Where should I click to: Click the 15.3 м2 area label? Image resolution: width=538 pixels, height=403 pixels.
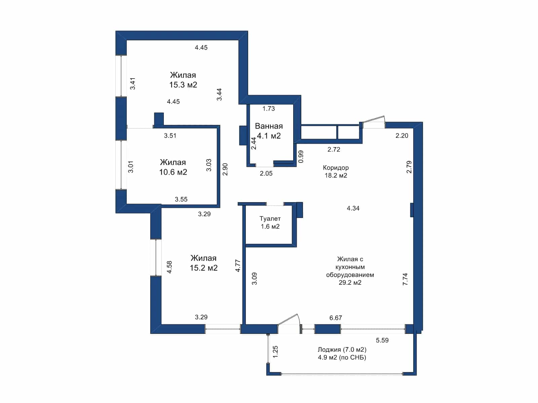[183, 85]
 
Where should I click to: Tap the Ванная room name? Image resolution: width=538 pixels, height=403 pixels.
[269, 126]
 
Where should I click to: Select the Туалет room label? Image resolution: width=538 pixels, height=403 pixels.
[270, 219]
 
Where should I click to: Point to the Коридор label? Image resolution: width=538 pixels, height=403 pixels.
[336, 168]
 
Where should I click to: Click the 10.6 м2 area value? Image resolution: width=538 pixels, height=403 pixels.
[173, 172]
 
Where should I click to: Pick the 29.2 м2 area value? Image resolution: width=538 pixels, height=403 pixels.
[350, 283]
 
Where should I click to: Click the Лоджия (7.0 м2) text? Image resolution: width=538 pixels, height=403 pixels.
[342, 349]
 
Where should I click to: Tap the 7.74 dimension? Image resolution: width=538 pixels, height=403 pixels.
[405, 279]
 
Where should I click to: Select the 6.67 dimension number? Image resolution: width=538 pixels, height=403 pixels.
[336, 318]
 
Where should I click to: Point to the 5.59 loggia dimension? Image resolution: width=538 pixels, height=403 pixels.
[382, 340]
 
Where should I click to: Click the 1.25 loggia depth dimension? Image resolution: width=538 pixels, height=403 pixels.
[275, 352]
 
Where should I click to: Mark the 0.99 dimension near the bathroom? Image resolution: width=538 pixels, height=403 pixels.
[301, 156]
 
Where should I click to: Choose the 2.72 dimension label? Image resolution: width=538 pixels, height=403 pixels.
[334, 149]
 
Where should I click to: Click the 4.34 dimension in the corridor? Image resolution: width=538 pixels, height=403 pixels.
[353, 208]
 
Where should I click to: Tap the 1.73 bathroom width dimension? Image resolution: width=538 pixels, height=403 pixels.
[269, 108]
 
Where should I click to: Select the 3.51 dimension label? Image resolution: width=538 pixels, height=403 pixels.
[170, 136]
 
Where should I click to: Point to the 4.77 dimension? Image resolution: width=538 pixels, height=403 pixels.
[238, 266]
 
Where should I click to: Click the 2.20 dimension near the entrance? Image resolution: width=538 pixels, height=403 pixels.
[402, 136]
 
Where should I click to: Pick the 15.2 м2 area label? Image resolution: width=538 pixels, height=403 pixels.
[203, 268]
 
